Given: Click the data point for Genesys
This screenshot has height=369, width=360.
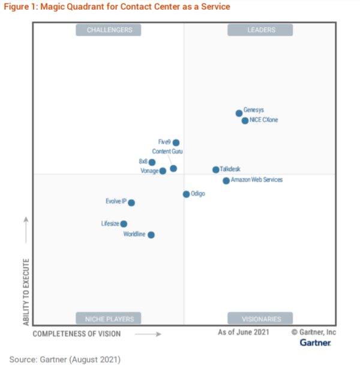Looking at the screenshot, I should (239, 113).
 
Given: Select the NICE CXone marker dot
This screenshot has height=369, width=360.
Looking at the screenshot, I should (245, 121).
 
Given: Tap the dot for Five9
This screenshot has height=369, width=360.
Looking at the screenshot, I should (176, 143).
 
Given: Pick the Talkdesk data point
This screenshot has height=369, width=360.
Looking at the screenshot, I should (216, 170).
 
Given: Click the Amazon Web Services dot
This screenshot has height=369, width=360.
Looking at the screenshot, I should (226, 181).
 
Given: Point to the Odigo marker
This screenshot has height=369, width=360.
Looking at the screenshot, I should (187, 194).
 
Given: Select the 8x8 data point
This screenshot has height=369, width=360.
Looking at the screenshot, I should (152, 163).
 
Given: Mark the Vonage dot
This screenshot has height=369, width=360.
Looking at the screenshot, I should (163, 172).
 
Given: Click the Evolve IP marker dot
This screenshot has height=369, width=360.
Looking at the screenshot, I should (131, 203).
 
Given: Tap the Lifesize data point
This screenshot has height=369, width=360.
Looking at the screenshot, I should (124, 224).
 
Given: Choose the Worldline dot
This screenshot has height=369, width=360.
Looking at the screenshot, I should (151, 235).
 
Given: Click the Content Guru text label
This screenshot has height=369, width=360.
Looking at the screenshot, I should (167, 152).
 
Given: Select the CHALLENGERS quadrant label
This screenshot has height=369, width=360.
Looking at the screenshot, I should (108, 30).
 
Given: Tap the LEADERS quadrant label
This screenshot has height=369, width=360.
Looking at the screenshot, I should (260, 30).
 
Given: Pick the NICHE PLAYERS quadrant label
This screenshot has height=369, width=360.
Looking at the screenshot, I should (108, 318).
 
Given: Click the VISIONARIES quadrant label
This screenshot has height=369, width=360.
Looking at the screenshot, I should (260, 318).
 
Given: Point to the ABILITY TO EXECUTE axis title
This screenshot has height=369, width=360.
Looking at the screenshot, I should (26, 292).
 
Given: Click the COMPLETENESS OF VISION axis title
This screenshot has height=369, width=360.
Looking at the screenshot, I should (76, 334).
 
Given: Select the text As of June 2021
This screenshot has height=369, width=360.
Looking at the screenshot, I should (244, 332).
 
